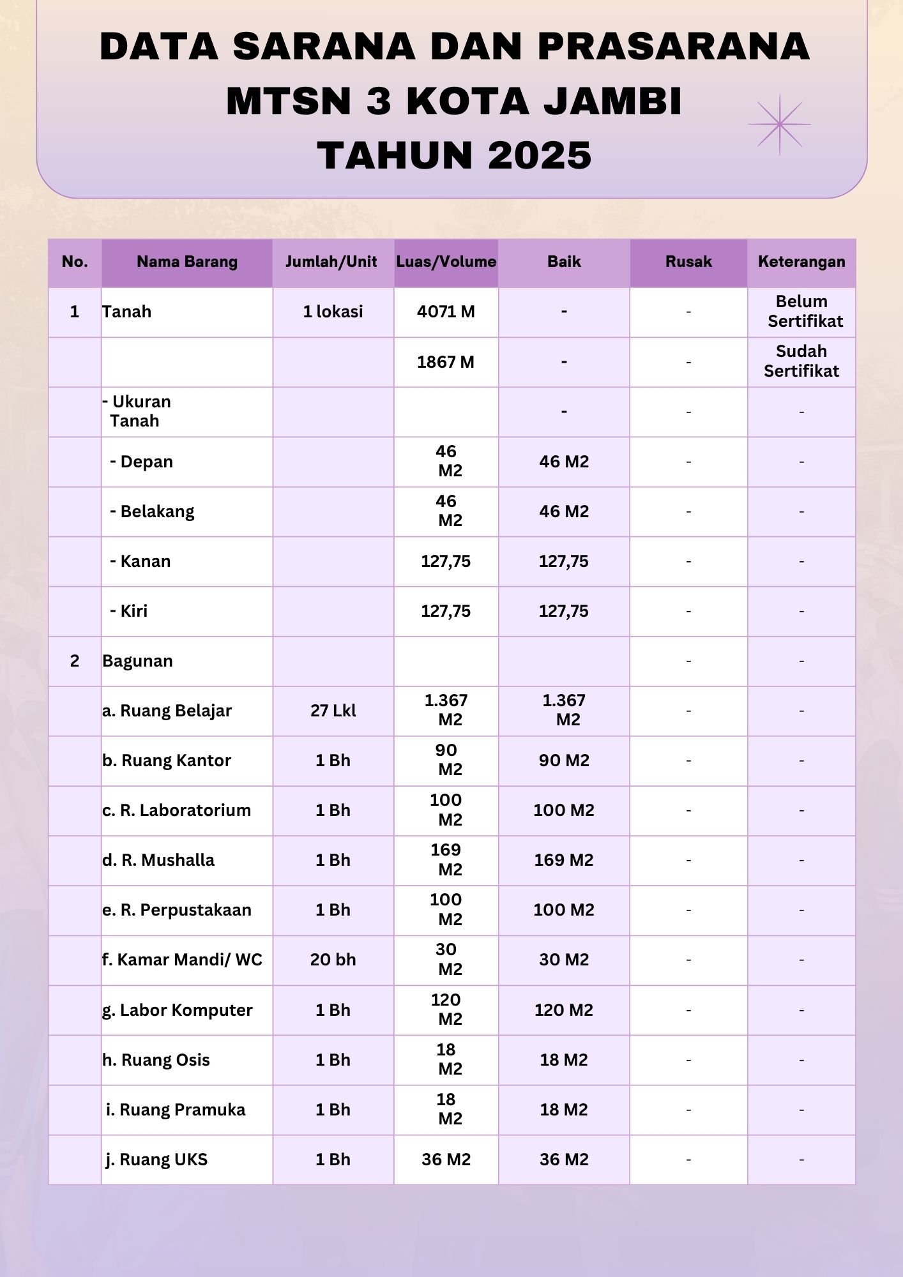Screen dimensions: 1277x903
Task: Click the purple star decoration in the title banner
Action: tap(779, 125)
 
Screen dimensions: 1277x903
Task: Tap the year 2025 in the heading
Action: tap(540, 155)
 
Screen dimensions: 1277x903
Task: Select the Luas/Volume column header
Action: tap(446, 262)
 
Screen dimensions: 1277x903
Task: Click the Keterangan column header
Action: tap(801, 262)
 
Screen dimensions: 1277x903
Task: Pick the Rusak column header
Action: tap(688, 262)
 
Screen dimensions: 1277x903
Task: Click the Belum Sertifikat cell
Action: tap(802, 312)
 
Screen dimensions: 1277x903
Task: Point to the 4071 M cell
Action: tap(446, 312)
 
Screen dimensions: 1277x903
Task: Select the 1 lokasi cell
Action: tap(333, 312)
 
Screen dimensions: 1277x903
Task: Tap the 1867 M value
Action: tap(446, 362)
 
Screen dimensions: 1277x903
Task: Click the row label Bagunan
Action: tap(138, 661)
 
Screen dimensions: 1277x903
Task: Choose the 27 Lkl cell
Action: tap(333, 711)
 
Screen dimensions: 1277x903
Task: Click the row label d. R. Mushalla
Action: tap(158, 860)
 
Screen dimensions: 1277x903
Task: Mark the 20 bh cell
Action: tap(333, 960)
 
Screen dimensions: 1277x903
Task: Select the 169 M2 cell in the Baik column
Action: tap(564, 860)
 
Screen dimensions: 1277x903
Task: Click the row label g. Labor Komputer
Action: tap(178, 1010)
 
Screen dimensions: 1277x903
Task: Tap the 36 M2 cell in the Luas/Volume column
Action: tap(446, 1160)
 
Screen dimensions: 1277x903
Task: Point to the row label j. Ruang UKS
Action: tap(157, 1160)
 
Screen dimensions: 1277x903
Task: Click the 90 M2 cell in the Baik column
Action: tap(564, 760)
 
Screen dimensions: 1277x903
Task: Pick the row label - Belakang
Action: tap(153, 511)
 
